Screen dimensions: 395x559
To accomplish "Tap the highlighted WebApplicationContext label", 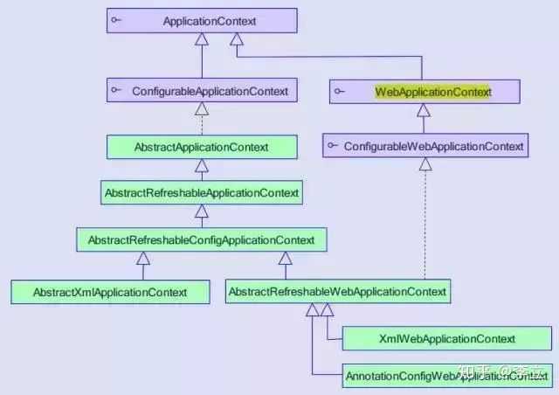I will tap(434, 91).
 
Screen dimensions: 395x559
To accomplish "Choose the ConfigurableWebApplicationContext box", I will tap(425, 146).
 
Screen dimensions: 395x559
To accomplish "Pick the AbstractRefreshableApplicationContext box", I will tap(201, 192).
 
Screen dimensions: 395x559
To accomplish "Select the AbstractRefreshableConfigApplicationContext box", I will tap(201, 238).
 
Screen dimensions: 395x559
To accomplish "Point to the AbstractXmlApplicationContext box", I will tap(110, 291).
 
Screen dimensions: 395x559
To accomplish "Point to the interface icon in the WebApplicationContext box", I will tap(340, 91).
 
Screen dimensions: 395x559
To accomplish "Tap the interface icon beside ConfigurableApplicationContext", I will tap(116, 91).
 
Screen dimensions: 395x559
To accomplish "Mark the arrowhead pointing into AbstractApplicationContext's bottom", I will tap(202, 165).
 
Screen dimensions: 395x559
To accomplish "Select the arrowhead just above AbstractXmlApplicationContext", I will tap(143, 258).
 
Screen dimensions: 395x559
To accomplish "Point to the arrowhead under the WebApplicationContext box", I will tap(424, 110).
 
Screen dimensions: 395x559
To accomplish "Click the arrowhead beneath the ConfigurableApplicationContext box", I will tap(202, 109).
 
